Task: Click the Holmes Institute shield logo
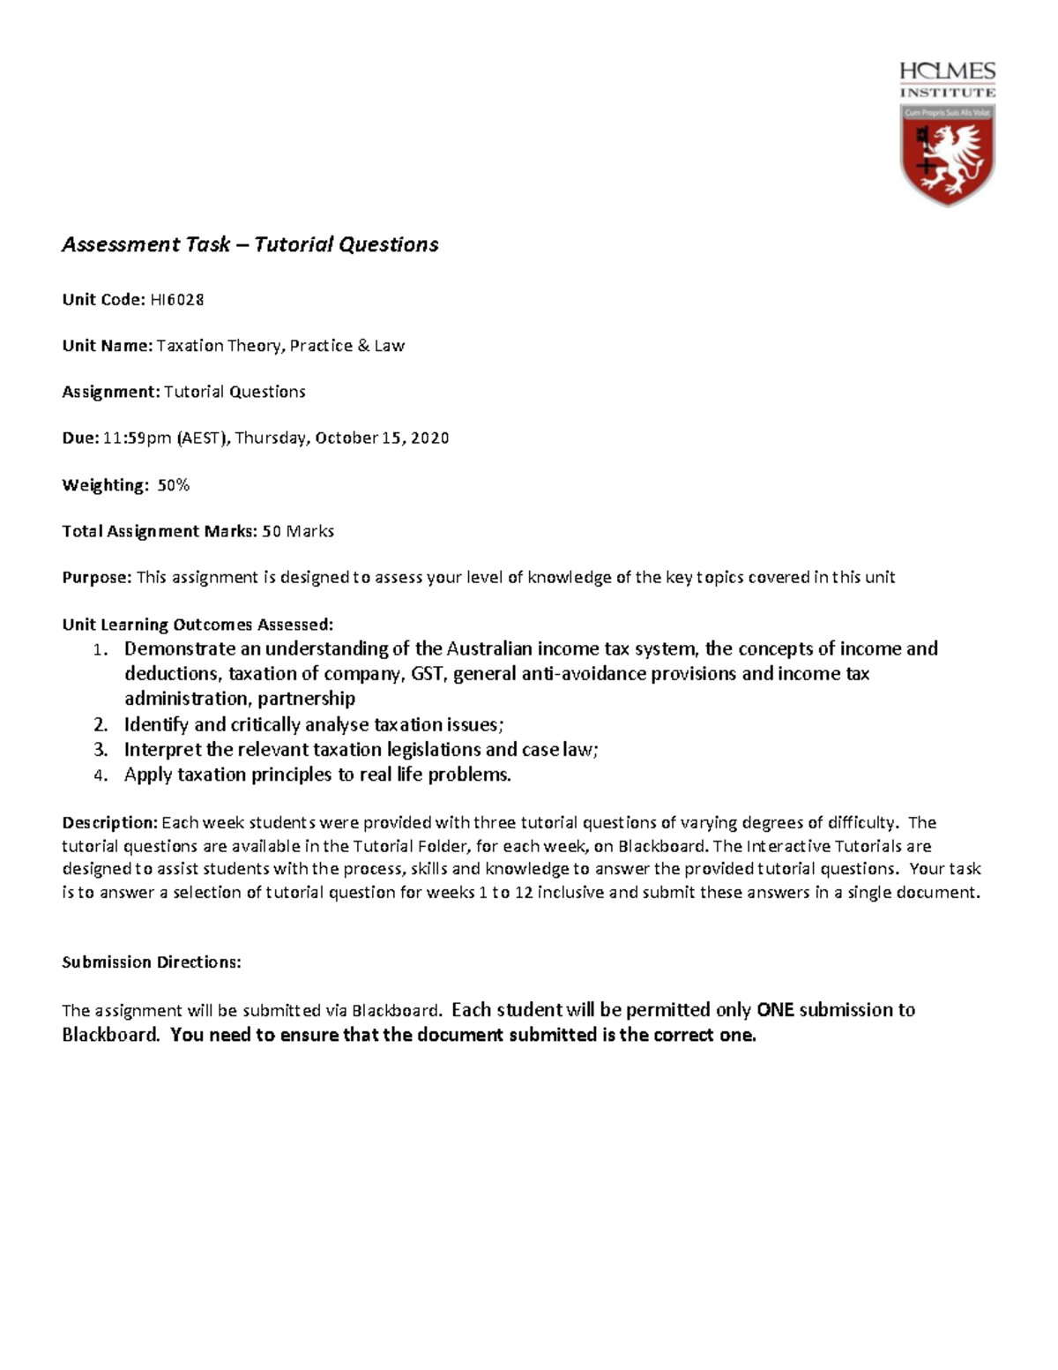pyautogui.click(x=947, y=155)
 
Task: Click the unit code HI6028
pyautogui.click(x=176, y=300)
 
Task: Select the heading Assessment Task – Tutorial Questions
pyautogui.click(x=250, y=244)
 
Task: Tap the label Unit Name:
pyautogui.click(x=107, y=346)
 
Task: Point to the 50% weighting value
pyautogui.click(x=173, y=485)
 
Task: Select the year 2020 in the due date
pyautogui.click(x=429, y=438)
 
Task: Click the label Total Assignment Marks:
pyautogui.click(x=160, y=531)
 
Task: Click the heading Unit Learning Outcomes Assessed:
pyautogui.click(x=197, y=625)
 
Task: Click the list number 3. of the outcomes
pyautogui.click(x=101, y=751)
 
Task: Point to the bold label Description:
pyautogui.click(x=109, y=823)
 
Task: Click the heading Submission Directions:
pyautogui.click(x=151, y=962)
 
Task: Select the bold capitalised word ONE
pyautogui.click(x=775, y=1010)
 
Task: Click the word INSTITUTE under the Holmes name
pyautogui.click(x=947, y=92)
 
